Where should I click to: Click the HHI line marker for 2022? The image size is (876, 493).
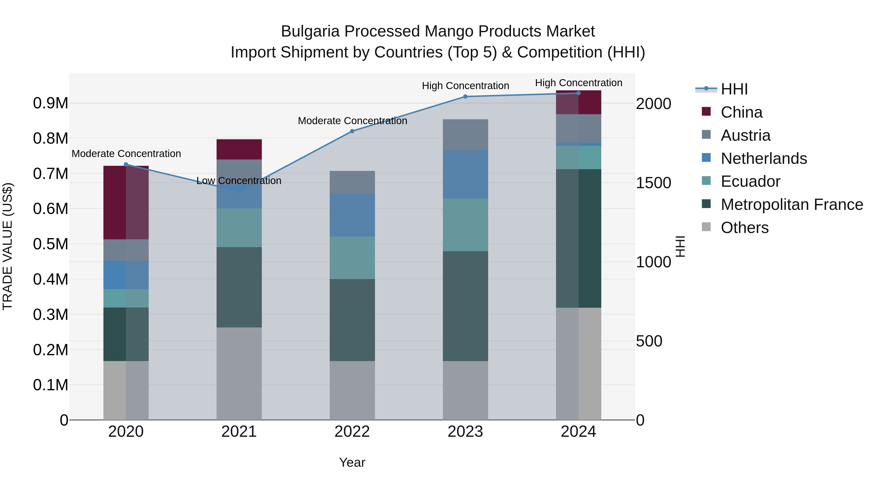tap(352, 131)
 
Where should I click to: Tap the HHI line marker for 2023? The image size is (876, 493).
tap(465, 97)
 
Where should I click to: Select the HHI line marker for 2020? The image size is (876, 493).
tap(126, 164)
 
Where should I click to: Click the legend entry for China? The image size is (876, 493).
tap(741, 112)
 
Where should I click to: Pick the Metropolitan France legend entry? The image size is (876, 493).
tap(792, 205)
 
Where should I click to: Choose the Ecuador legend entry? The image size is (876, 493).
tap(750, 182)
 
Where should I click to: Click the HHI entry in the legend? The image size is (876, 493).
tap(734, 89)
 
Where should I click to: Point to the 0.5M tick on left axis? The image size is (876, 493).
tap(50, 244)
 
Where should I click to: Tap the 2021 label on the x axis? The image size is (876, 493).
tap(239, 432)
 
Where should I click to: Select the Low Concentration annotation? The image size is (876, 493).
tap(239, 181)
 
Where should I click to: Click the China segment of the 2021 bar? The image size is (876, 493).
tap(239, 149)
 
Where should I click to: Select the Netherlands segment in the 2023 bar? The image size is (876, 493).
tap(465, 175)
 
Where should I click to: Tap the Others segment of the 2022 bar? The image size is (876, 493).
tap(352, 390)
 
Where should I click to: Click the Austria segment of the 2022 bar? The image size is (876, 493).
tap(352, 182)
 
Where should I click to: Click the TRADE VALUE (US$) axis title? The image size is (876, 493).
tap(8, 246)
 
